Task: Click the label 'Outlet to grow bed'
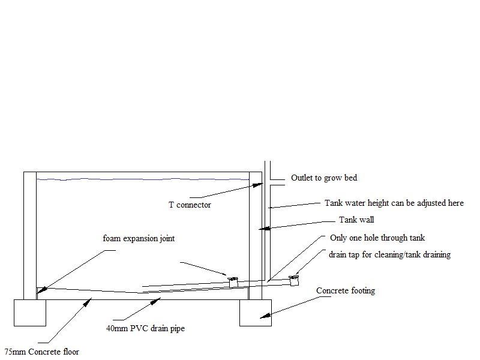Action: tap(323, 178)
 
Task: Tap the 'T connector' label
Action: tap(189, 205)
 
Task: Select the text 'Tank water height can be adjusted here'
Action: tap(394, 203)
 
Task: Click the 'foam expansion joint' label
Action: tap(139, 239)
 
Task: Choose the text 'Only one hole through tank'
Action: tap(377, 238)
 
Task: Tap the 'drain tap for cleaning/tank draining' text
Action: tap(389, 254)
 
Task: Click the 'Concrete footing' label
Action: tap(346, 291)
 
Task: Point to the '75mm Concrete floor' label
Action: tap(41, 352)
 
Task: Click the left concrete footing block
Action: tap(30, 312)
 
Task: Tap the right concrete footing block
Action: tap(256, 312)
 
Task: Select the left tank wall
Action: tap(30, 234)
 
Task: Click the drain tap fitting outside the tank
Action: tap(294, 280)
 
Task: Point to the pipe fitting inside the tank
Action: tap(233, 280)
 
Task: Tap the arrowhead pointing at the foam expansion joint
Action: tap(40, 292)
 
